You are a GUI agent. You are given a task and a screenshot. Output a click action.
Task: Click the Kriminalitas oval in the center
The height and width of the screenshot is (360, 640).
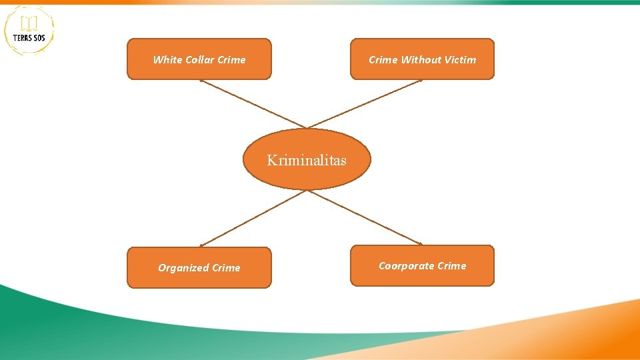coord(306,159)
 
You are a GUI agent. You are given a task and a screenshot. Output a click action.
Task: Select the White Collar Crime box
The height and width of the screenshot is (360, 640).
coord(199,59)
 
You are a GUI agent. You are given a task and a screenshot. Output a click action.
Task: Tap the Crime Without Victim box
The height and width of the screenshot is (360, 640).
coord(422,59)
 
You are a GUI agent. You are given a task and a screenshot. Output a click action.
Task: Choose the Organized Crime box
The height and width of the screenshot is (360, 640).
coord(199,267)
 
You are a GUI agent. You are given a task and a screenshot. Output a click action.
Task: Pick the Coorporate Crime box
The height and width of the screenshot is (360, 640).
coord(422,265)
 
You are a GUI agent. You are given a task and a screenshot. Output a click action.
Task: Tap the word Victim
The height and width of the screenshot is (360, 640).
coord(461,59)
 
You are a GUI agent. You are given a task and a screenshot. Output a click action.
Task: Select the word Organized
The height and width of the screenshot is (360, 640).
coord(183,268)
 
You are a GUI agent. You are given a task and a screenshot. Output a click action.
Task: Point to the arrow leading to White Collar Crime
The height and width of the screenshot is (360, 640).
coord(253,104)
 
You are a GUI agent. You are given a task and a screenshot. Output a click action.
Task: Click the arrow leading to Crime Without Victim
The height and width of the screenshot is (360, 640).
coord(365,103)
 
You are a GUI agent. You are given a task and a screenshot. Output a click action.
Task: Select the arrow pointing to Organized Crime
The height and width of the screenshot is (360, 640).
coord(253,218)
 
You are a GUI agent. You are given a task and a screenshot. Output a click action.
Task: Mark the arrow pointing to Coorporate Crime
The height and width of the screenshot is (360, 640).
coord(365,217)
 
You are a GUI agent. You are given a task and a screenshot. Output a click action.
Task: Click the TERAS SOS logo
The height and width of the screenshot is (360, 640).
coord(29,30)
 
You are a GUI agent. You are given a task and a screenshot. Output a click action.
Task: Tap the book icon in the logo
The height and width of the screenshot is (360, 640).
coord(29,23)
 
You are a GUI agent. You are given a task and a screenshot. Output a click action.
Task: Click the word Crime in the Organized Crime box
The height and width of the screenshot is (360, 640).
coord(226,268)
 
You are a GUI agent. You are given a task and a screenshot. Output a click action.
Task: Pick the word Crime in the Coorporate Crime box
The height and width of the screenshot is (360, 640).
coord(452,265)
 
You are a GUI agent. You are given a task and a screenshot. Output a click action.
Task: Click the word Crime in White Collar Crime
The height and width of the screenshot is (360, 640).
coord(231,59)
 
